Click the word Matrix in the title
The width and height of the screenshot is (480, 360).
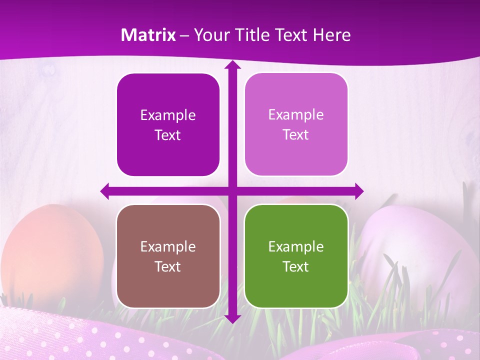[x=148, y=35]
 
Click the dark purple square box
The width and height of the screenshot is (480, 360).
[x=168, y=125]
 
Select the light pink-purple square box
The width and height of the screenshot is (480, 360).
[x=296, y=124]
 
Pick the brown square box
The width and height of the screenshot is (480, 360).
[x=168, y=256]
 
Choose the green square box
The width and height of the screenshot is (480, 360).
[x=296, y=256]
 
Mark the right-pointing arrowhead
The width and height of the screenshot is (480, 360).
[x=358, y=191]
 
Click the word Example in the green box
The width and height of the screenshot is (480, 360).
[x=296, y=246]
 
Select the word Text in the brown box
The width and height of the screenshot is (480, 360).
[x=167, y=266]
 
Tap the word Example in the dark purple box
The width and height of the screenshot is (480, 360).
[x=168, y=115]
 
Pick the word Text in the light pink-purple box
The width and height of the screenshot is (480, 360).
[x=296, y=135]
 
